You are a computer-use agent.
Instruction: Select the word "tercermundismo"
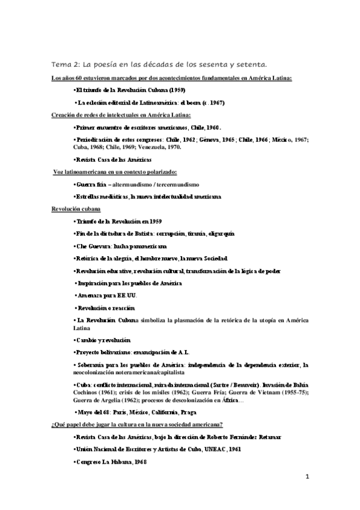pyautogui.click(x=177, y=184)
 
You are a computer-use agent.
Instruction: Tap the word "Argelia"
pyautogui.click(x=106, y=401)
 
